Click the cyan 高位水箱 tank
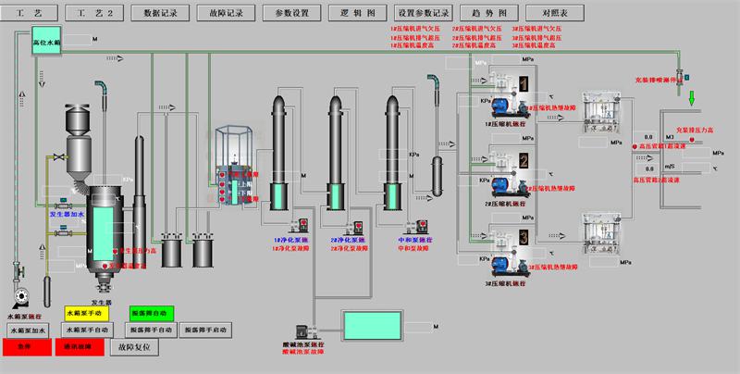(x=46, y=42)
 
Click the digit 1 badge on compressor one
(x=523, y=86)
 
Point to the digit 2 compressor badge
(x=523, y=162)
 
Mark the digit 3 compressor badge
(x=523, y=239)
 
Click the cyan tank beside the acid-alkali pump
(x=367, y=327)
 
